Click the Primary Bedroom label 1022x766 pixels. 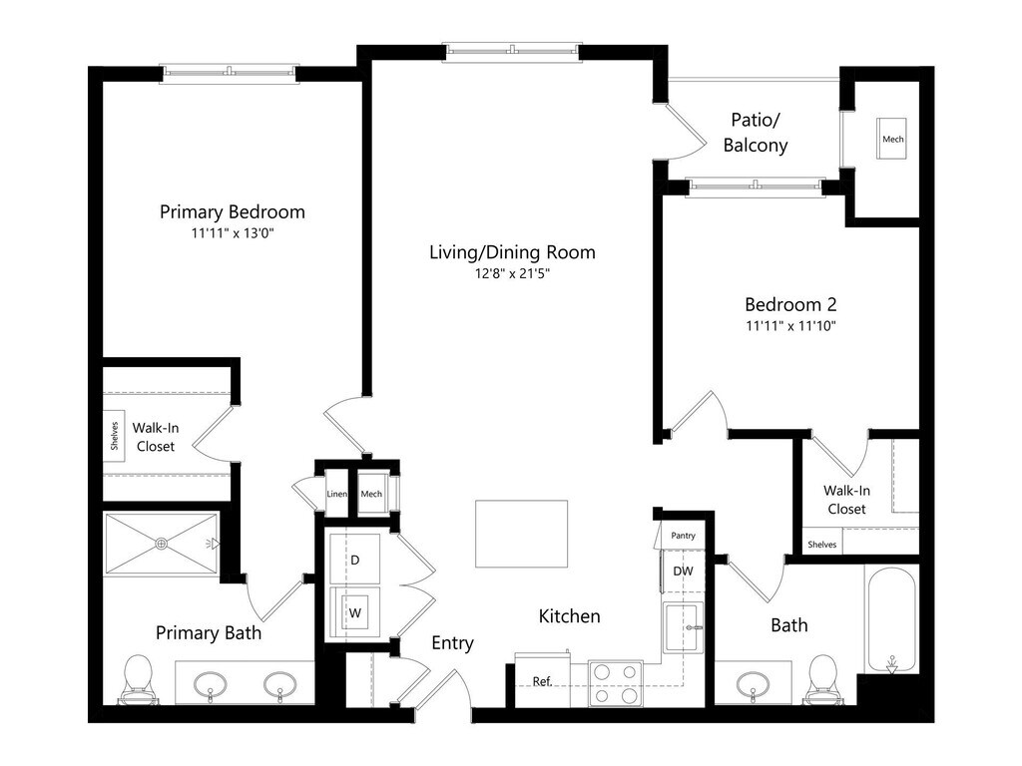click(x=232, y=211)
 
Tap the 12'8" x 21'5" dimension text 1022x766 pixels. click(x=512, y=273)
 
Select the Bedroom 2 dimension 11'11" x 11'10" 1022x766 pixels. click(x=790, y=326)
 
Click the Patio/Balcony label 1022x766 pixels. click(x=756, y=133)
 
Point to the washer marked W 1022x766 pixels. click(x=354, y=612)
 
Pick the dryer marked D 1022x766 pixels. click(x=354, y=560)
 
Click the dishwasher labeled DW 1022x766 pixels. click(x=683, y=572)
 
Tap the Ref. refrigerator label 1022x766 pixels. click(x=542, y=681)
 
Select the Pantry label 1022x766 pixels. click(x=683, y=536)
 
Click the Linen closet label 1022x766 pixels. click(x=337, y=494)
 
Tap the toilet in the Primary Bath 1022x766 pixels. click(x=138, y=679)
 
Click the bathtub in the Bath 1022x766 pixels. click(x=891, y=619)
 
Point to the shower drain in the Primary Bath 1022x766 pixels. click(x=161, y=544)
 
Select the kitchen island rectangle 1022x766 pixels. click(x=521, y=535)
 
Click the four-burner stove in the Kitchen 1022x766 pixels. click(x=616, y=683)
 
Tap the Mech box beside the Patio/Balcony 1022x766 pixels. click(x=892, y=138)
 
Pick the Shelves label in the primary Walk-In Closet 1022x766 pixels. click(x=114, y=436)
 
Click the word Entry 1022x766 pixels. click(x=452, y=643)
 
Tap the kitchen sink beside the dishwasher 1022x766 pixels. click(x=683, y=628)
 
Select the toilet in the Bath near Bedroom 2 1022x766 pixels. click(x=822, y=679)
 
